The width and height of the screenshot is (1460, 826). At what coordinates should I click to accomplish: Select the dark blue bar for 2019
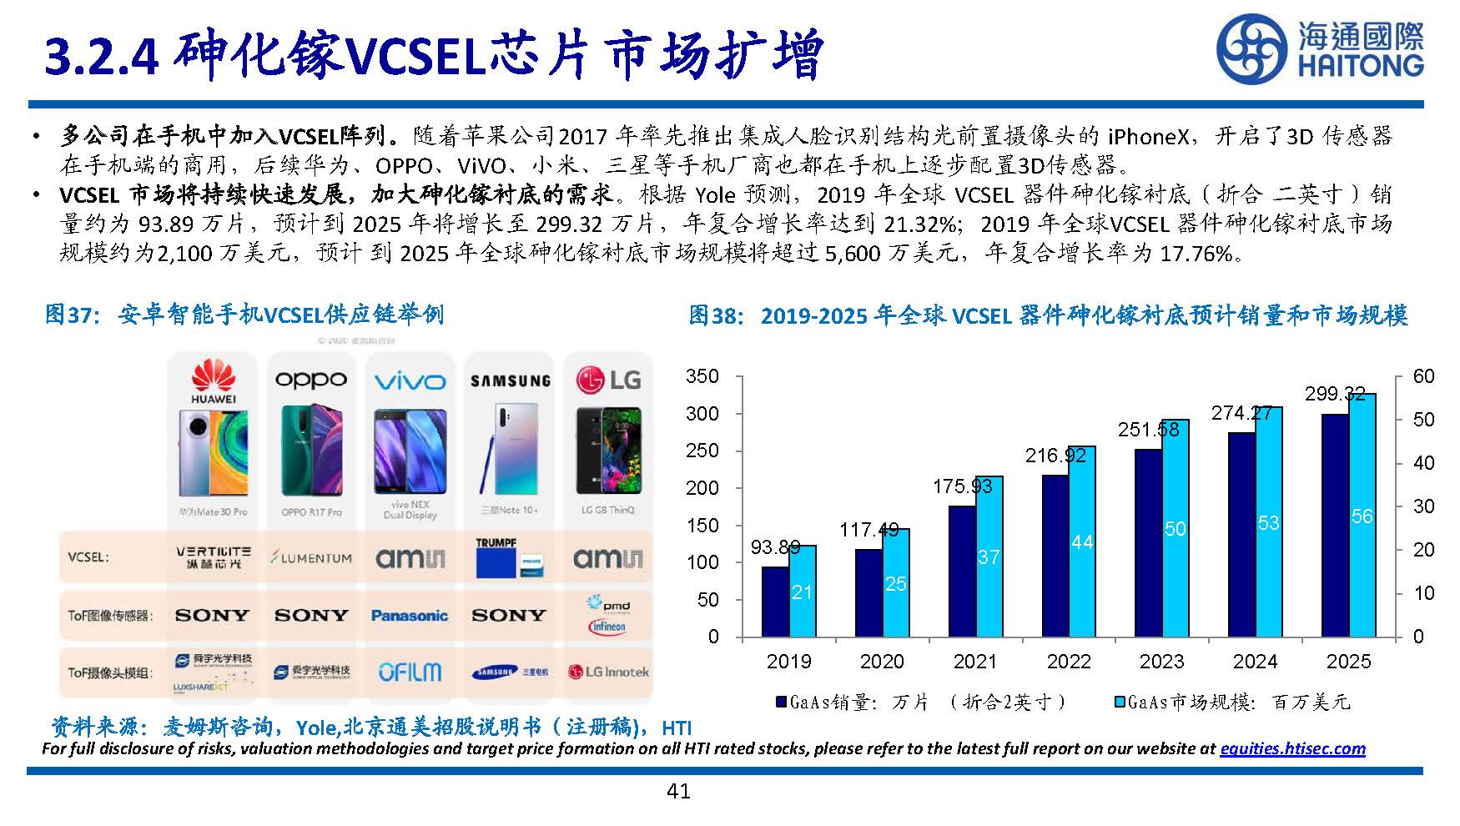(775, 602)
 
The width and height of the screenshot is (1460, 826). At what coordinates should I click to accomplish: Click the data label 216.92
(1055, 456)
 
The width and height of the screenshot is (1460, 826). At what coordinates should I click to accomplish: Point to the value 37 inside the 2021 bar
(988, 557)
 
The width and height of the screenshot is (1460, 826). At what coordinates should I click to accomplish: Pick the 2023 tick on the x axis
(1161, 662)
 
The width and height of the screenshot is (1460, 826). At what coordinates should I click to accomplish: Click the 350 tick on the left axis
(702, 376)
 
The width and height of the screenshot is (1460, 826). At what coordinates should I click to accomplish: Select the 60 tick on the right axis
(1423, 376)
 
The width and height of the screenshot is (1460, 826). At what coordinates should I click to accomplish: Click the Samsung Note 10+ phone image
(508, 451)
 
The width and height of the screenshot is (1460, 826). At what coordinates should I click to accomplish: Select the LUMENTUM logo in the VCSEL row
(310, 557)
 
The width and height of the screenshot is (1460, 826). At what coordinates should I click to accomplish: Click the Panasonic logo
(409, 616)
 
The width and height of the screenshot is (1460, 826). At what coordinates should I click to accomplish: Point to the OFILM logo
(409, 672)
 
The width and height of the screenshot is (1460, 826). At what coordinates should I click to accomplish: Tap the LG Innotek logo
(607, 672)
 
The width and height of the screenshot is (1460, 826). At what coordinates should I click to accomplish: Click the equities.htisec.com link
(1291, 748)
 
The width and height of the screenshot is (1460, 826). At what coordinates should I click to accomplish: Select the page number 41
(678, 791)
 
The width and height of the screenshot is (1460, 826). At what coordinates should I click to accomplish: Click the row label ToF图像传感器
(110, 616)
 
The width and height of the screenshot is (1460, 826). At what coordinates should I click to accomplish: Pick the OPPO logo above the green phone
(310, 380)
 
